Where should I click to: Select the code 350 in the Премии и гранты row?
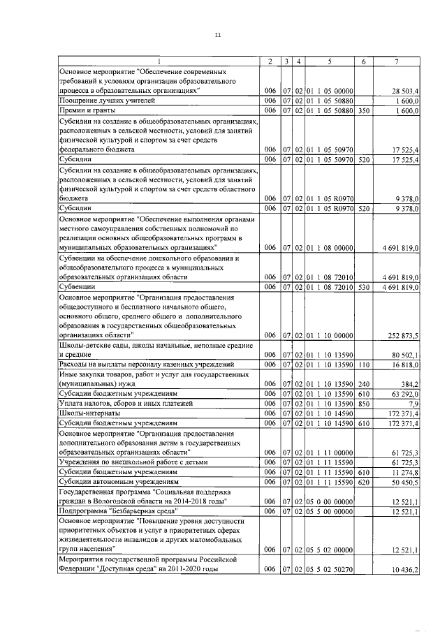click(x=362, y=110)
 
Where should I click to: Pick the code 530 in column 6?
click(x=362, y=286)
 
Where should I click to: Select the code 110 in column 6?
click(x=362, y=365)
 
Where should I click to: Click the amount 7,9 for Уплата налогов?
click(x=413, y=404)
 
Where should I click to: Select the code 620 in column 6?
click(x=362, y=482)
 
